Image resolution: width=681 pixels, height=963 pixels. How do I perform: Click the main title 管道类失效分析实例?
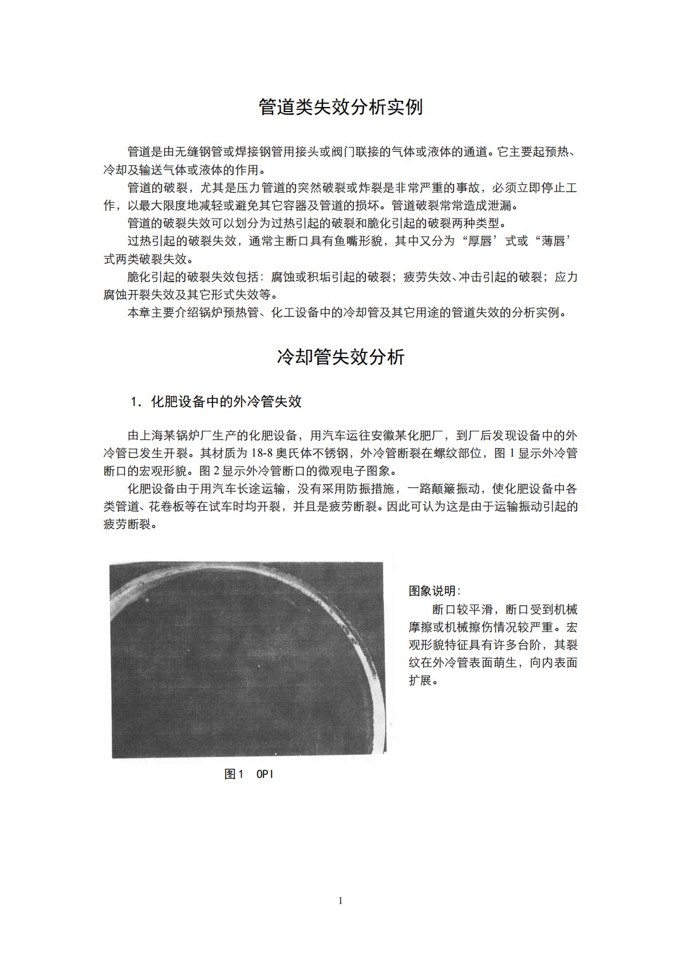click(x=340, y=107)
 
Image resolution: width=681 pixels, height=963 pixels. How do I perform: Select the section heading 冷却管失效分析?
click(x=340, y=357)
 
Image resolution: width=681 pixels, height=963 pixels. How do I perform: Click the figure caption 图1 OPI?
click(x=249, y=774)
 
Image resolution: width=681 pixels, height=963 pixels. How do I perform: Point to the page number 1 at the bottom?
click(x=341, y=901)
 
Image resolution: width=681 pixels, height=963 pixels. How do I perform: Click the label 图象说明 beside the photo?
click(x=433, y=591)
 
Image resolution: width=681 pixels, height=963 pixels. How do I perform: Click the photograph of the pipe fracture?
click(x=247, y=660)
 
